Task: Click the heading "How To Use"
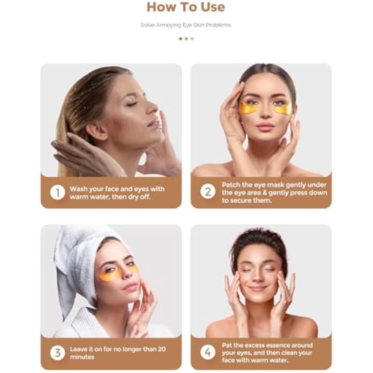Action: pos(186,7)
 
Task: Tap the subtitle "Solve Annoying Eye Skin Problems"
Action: pos(186,25)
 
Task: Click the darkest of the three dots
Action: pos(180,39)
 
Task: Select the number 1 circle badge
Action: pos(57,192)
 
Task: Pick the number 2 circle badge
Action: pos(207,192)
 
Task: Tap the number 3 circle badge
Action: pos(57,353)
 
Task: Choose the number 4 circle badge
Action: pos(207,352)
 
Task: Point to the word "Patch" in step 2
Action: pos(230,185)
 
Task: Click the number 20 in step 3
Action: pos(161,349)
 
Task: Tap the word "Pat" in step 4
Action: pos(227,345)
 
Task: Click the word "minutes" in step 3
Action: pos(82,357)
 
